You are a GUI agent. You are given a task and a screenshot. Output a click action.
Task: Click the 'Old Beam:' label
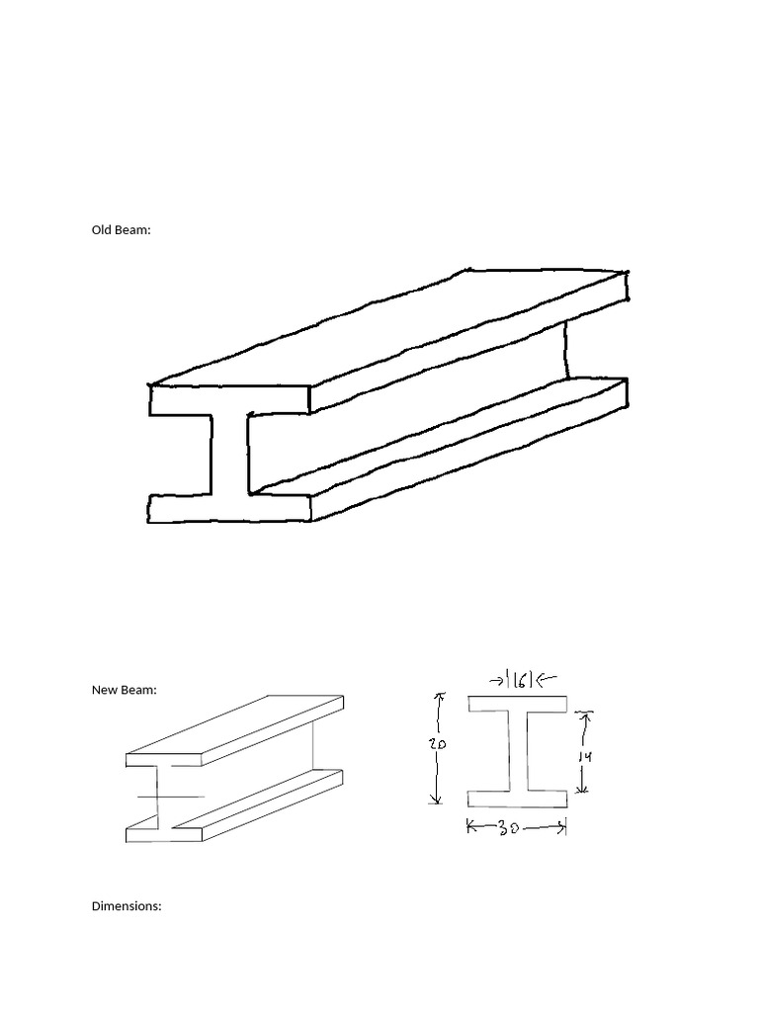122,230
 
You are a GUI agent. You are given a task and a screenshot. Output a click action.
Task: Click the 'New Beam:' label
124,691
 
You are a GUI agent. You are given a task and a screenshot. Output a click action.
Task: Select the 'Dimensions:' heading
126,905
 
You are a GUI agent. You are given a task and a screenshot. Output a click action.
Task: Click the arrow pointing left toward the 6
548,679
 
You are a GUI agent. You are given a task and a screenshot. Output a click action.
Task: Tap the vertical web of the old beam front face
229,454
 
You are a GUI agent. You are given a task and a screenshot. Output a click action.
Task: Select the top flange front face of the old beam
229,399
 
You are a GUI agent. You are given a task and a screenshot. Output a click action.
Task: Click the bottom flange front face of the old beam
229,508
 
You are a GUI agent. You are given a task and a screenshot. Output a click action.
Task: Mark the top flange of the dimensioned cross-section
517,705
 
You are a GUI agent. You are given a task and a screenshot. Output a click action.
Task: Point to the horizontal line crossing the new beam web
170,796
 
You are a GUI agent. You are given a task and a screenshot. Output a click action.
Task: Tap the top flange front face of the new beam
164,760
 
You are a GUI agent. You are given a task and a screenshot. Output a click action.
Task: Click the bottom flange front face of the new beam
164,833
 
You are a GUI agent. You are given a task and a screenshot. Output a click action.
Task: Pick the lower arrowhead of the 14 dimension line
584,790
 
